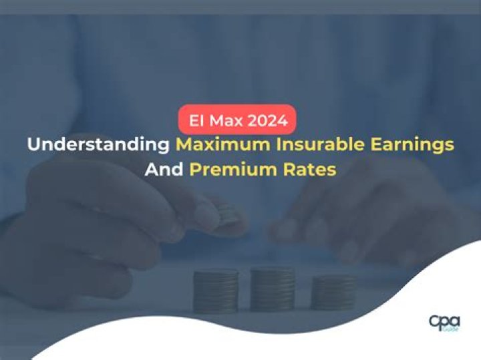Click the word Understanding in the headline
98,144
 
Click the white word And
164,169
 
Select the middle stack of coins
273,287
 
